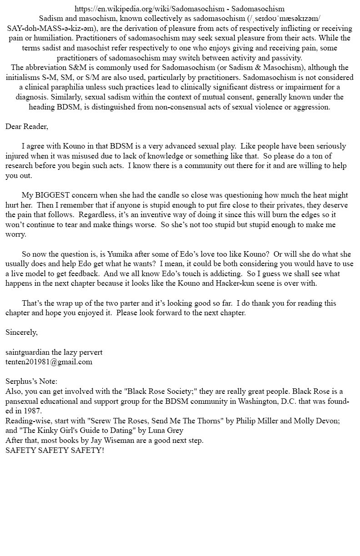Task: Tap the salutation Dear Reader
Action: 27,126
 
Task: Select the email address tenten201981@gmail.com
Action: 49,362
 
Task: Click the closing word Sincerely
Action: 21,332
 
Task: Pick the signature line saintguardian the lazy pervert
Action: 54,352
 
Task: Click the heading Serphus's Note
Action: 31,382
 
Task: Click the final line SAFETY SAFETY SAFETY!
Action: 55,450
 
